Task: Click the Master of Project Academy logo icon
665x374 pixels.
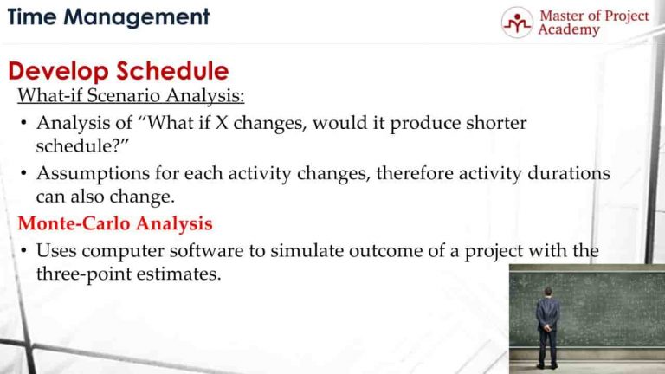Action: coord(517,23)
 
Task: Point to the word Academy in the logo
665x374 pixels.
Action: coord(568,30)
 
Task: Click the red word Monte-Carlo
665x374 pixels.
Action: coord(73,224)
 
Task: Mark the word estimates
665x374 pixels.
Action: coord(175,274)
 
